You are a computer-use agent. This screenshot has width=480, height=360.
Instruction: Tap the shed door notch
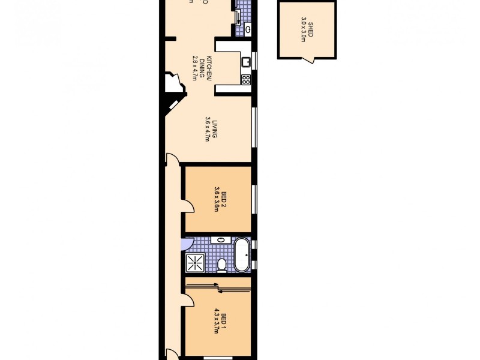point(307,59)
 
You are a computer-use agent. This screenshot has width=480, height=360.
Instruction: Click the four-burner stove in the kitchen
point(245,79)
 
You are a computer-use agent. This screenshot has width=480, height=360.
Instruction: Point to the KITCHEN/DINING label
point(207,68)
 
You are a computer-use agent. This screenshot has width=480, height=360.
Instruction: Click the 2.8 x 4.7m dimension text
point(194,68)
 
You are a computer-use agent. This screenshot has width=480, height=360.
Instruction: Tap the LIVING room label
point(214,129)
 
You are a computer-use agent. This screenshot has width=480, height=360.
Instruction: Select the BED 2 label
point(224,199)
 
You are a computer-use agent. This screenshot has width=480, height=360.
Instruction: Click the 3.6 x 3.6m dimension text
point(216,199)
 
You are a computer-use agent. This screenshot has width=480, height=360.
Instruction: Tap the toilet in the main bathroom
point(221,265)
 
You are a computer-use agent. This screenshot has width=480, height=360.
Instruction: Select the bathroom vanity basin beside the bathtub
point(220,240)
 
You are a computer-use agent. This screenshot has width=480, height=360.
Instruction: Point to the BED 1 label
point(224,319)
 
